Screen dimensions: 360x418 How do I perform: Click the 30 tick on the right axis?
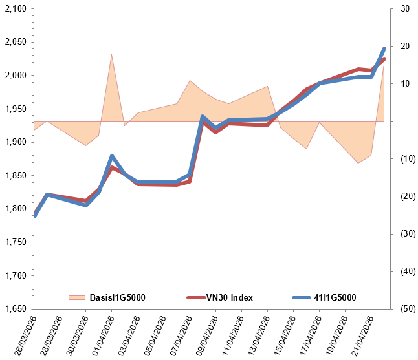click(x=404, y=9)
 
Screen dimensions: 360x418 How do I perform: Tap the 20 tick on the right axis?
click(x=404, y=47)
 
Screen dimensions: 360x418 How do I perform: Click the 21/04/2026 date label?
click(x=361, y=335)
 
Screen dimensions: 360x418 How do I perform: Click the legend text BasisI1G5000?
click(x=117, y=297)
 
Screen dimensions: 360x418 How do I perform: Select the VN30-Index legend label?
click(x=229, y=297)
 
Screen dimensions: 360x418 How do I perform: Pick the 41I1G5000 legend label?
click(x=335, y=297)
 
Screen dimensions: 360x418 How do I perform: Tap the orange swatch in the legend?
click(x=78, y=297)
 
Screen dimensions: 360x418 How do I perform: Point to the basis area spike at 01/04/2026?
click(x=111, y=56)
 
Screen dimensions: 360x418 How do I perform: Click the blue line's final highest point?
click(x=384, y=48)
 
